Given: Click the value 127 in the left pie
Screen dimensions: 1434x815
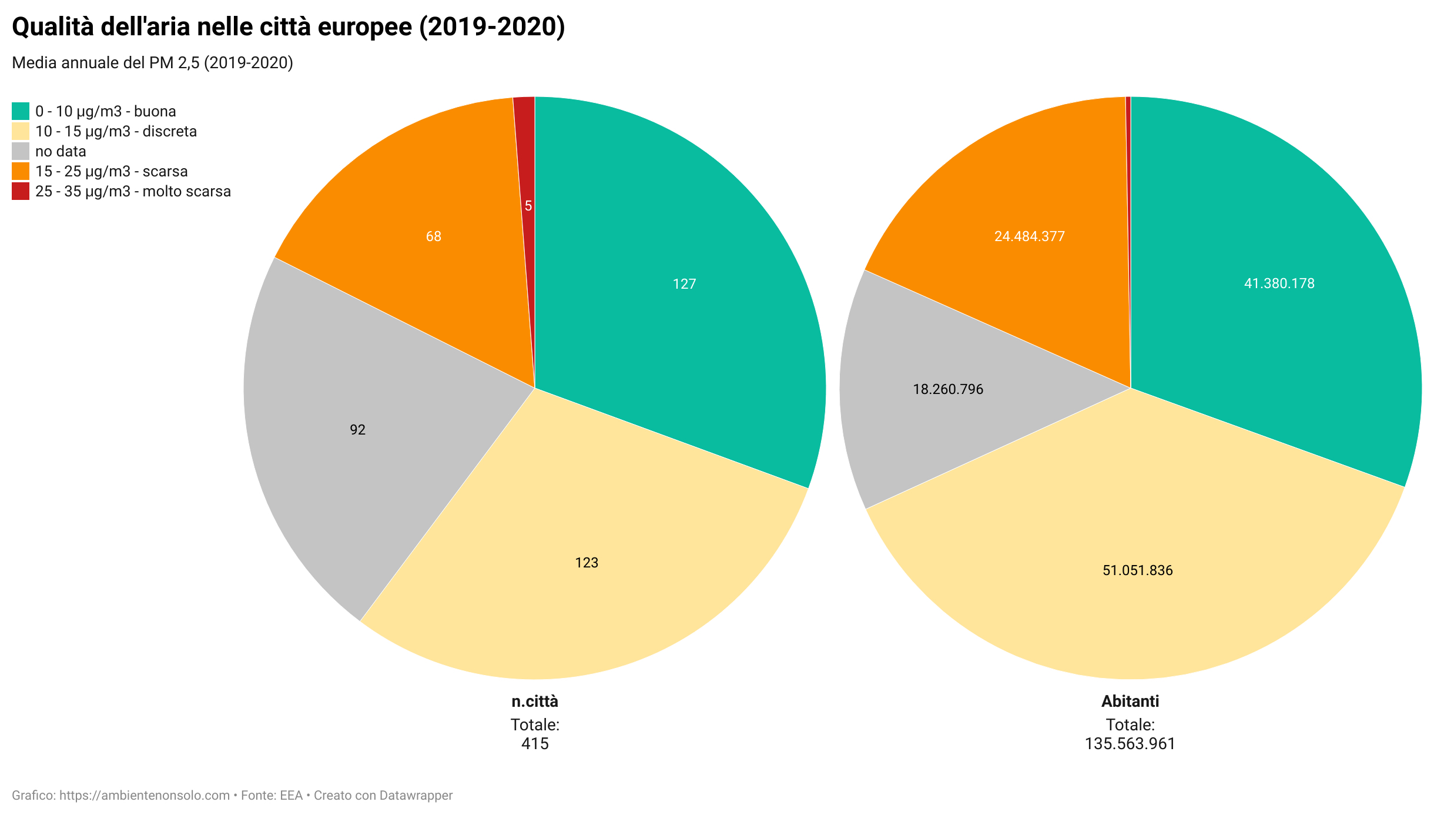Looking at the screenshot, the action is point(684,284).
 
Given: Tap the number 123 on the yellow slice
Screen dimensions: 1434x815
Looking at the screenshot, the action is point(587,563).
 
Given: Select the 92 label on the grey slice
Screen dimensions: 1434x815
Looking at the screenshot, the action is point(357,430).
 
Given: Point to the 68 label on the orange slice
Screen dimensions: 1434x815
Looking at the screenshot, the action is point(434,236).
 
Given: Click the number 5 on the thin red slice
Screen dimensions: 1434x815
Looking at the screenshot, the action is point(528,206).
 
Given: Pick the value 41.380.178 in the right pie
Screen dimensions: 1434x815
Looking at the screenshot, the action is point(1279,283).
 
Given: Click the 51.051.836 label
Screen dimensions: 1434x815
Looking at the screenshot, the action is point(1138,570).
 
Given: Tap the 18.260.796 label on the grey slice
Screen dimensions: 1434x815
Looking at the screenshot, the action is point(948,389).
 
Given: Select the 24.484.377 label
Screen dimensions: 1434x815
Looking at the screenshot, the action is point(1030,236).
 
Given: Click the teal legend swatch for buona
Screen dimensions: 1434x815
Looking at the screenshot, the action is point(21,111).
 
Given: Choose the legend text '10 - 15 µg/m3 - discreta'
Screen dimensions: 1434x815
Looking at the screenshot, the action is point(116,131).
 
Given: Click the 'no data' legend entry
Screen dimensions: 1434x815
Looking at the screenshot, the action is point(61,151).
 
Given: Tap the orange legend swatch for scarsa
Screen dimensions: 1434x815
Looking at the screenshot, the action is point(21,171).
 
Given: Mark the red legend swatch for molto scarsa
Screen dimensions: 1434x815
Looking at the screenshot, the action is point(21,191).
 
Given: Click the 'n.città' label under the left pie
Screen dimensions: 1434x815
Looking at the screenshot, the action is point(535,701).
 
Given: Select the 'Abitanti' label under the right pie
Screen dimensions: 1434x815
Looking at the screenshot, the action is point(1130,701).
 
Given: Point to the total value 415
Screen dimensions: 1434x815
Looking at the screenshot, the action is point(535,744).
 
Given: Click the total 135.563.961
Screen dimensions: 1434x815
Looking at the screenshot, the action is point(1130,744).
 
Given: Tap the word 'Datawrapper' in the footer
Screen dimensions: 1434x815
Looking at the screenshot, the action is point(416,796).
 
